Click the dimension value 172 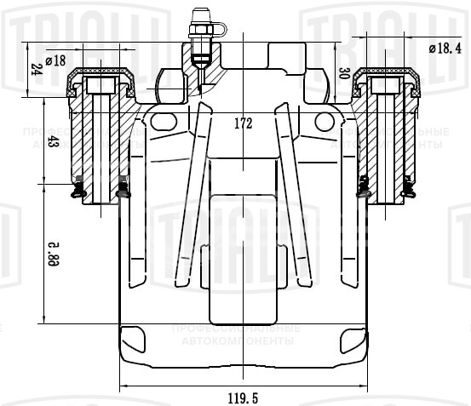243,123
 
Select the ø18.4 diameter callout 444,49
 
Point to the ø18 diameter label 56,60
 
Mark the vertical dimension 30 344,74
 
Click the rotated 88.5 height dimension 53,253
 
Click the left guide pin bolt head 101,86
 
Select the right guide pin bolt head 385,86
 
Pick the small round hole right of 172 324,122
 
